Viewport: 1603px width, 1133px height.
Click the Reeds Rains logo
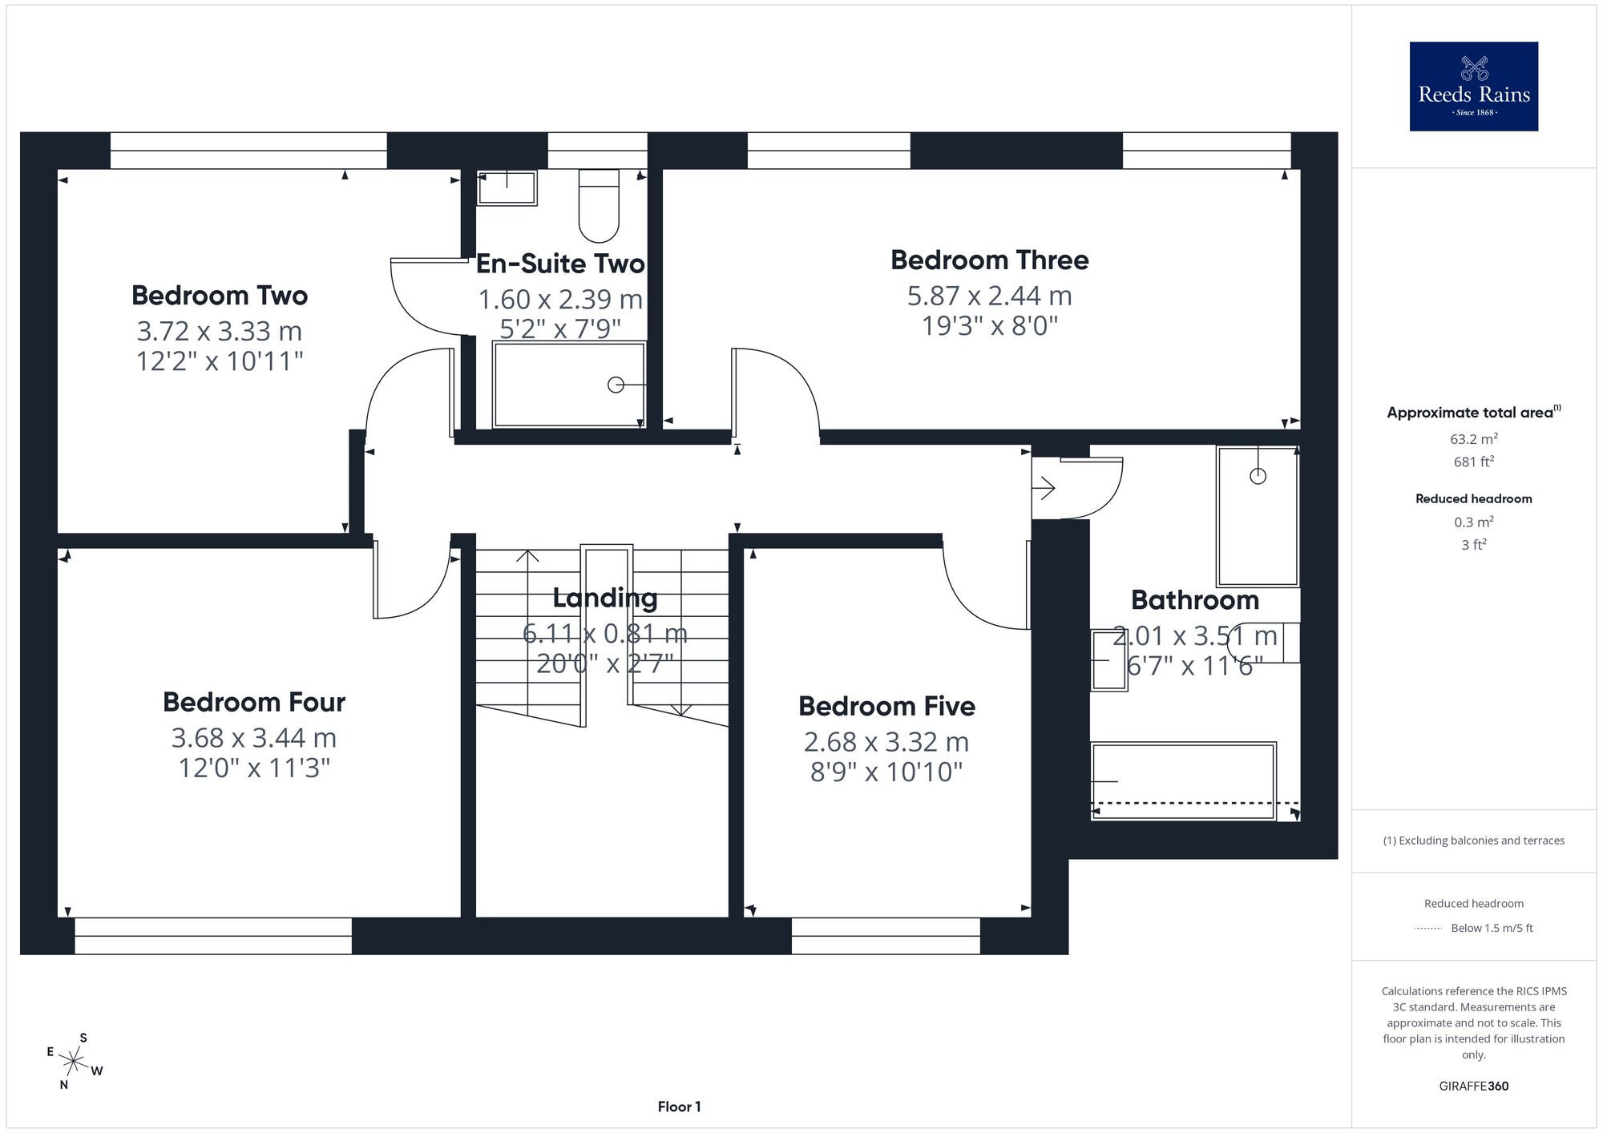coord(1473,87)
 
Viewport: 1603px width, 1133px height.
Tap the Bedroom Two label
coord(220,296)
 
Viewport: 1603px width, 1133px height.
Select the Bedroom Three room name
coord(990,260)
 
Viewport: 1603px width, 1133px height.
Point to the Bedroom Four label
coord(254,702)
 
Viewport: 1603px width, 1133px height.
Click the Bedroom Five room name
coord(886,706)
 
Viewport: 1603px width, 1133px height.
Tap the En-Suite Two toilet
coord(599,206)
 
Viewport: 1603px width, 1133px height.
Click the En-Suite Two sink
coord(507,188)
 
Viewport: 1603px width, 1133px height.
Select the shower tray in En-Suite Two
coord(569,385)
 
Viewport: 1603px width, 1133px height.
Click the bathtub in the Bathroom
coord(1183,781)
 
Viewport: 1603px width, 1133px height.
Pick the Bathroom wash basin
coord(1109,660)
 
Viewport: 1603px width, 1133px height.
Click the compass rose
coord(74,1062)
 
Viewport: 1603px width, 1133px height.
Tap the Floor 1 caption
coord(679,1107)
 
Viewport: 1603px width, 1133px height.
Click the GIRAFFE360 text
coord(1474,1087)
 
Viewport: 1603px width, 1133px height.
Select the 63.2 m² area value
coord(1474,439)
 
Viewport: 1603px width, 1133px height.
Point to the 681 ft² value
coord(1474,462)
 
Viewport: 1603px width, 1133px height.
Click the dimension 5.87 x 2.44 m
coord(990,296)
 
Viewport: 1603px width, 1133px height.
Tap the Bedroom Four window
coord(213,936)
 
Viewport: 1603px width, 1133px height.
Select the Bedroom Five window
coord(886,936)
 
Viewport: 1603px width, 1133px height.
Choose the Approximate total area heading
coord(1474,412)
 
